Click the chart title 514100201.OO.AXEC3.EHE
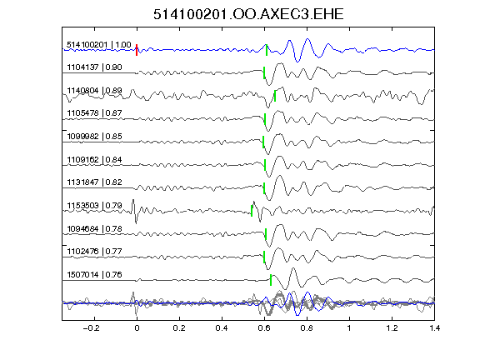[248, 14]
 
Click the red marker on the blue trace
[137, 50]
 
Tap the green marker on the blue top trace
[267, 50]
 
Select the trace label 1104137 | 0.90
[94, 67]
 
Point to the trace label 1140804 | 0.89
[94, 91]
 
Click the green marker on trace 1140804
[275, 96]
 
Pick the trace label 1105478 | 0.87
[94, 113]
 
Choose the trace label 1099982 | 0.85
[94, 136]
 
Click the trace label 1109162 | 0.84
[94, 160]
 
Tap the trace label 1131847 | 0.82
[94, 182]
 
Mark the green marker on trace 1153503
[252, 211]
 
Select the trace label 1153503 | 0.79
[94, 205]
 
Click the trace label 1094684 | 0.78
[94, 229]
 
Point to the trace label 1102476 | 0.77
[94, 252]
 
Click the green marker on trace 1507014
[271, 280]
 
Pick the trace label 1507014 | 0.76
[94, 275]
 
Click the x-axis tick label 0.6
[264, 328]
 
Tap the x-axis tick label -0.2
[91, 328]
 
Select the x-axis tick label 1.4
[434, 328]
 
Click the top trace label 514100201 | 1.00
[99, 45]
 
